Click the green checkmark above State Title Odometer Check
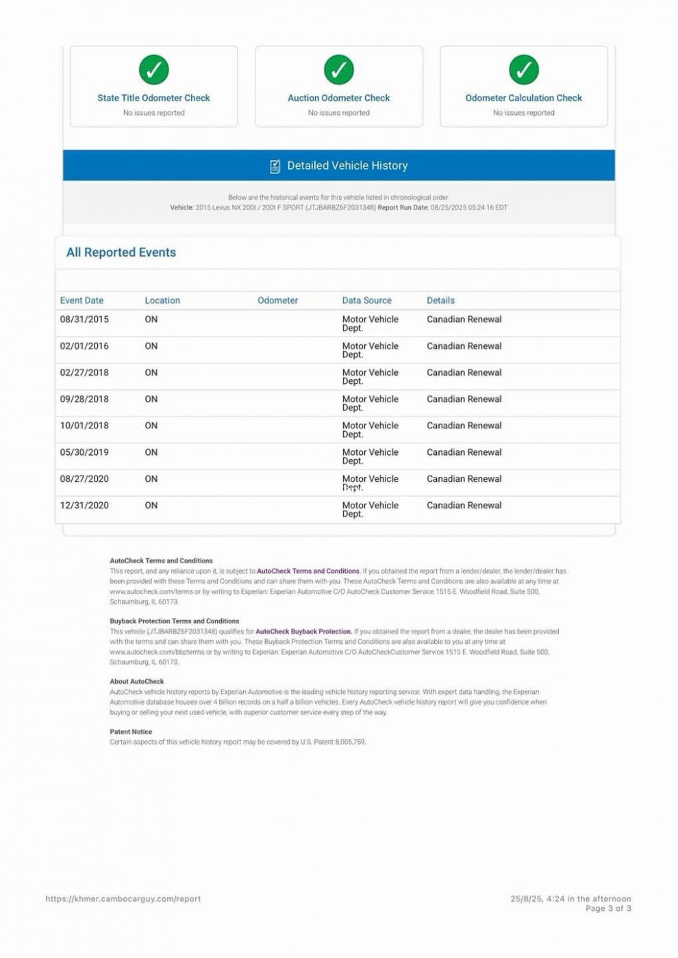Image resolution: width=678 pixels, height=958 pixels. [154, 69]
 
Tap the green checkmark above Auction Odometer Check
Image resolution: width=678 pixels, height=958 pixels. [339, 69]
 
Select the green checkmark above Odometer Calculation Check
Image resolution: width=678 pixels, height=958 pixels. [524, 69]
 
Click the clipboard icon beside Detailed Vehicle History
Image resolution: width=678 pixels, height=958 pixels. [275, 166]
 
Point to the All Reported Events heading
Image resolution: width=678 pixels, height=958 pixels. [121, 253]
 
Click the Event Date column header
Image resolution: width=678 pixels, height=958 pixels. [81, 300]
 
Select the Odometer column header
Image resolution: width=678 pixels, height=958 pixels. [277, 300]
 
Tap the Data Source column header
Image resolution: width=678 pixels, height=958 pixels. [366, 300]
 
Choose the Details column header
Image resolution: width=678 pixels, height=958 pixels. [440, 300]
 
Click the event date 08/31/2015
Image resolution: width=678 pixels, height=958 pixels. [84, 320]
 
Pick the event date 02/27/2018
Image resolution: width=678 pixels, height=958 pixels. [84, 373]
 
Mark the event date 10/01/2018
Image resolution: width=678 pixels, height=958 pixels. [84, 426]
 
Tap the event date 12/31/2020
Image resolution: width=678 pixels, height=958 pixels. [84, 506]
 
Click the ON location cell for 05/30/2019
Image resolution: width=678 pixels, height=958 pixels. [151, 452]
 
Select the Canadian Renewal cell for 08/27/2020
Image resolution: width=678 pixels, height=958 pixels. [464, 479]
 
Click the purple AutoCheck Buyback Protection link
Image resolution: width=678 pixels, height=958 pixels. [303, 632]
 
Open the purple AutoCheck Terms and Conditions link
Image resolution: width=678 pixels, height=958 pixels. [308, 571]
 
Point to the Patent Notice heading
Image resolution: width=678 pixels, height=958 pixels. [131, 732]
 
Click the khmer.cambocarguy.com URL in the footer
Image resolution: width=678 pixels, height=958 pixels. [123, 899]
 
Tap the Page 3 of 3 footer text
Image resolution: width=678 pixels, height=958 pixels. [608, 909]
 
